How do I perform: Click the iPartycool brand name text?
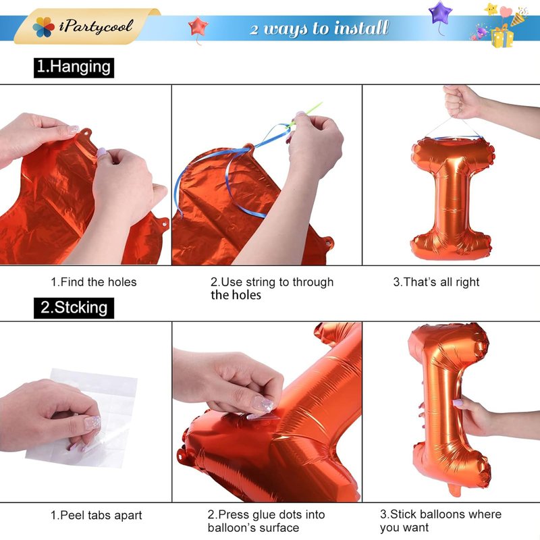click(x=96, y=26)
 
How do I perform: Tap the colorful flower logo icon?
click(x=43, y=27)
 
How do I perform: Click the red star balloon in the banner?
click(x=198, y=26)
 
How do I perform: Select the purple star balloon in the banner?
click(x=441, y=13)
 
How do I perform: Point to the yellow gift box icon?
click(x=502, y=37)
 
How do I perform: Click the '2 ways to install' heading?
click(x=319, y=28)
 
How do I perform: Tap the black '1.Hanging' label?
click(x=74, y=67)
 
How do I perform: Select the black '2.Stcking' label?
click(x=74, y=308)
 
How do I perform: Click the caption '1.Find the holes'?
click(x=94, y=282)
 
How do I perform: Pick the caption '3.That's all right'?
click(x=436, y=282)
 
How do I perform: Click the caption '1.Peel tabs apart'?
click(x=96, y=515)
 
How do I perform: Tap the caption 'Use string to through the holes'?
click(x=272, y=288)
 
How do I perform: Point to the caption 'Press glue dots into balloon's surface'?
click(x=266, y=521)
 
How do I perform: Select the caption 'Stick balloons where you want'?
click(x=441, y=520)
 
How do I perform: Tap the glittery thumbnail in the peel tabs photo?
click(x=92, y=423)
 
